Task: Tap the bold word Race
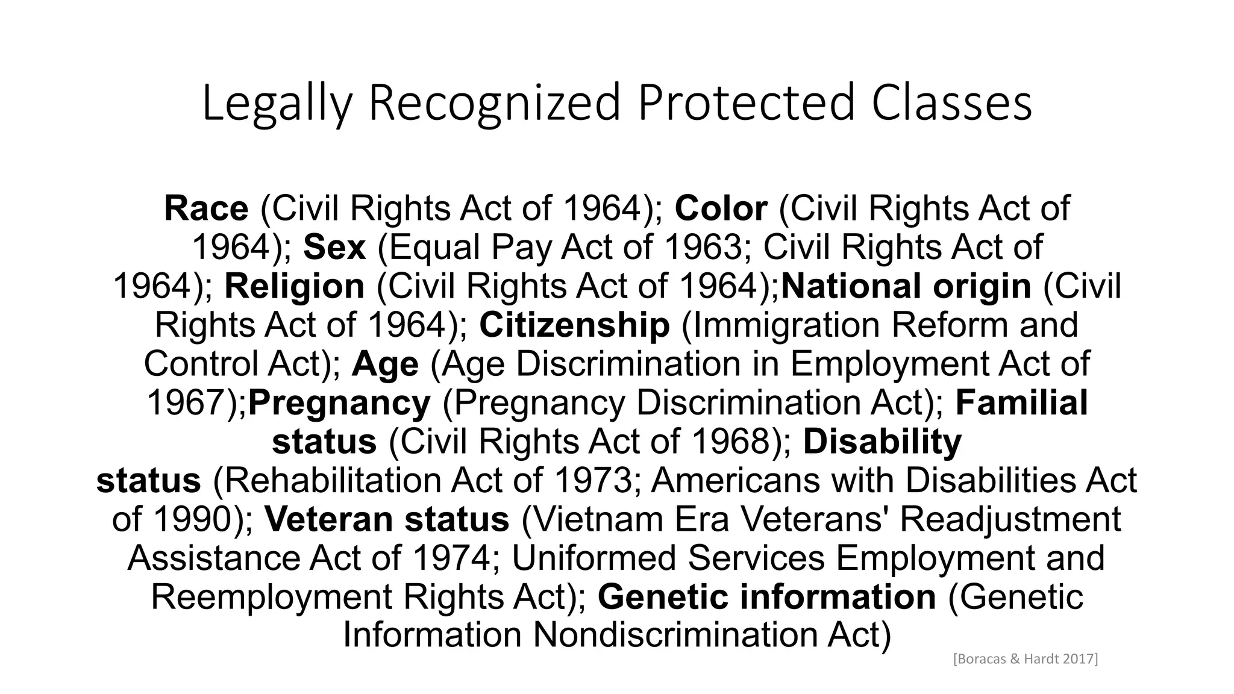(206, 208)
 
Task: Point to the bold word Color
(721, 208)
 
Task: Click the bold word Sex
(334, 247)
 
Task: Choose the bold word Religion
(295, 286)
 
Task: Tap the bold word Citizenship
(574, 325)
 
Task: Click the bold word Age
(385, 364)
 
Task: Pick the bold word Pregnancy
(340, 403)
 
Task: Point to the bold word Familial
(1022, 402)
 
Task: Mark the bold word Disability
(883, 442)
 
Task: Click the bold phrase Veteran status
(387, 519)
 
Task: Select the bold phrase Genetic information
(767, 597)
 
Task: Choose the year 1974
(452, 558)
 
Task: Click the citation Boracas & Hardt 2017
(1026, 659)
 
